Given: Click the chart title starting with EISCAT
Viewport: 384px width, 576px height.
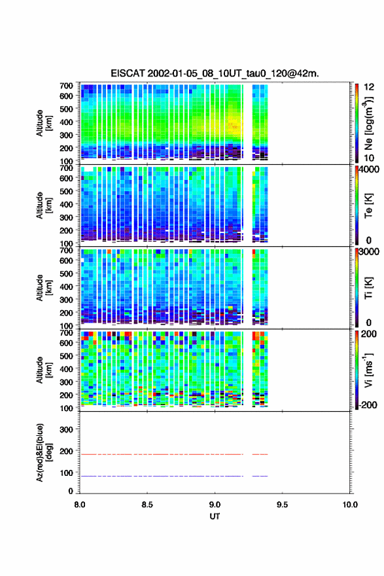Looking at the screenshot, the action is pyautogui.click(x=215, y=73).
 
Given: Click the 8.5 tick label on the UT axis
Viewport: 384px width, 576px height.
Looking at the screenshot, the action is pyautogui.click(x=147, y=505).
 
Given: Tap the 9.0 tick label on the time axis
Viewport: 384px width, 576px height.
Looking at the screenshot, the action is pyautogui.click(x=215, y=505).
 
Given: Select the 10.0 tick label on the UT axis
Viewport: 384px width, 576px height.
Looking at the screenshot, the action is pyautogui.click(x=350, y=505).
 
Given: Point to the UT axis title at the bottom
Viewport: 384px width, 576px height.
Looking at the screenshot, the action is pyautogui.click(x=215, y=516).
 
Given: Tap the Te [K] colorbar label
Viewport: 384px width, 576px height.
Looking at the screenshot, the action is pyautogui.click(x=368, y=206).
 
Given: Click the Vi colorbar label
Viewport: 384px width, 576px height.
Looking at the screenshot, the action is pyautogui.click(x=369, y=370).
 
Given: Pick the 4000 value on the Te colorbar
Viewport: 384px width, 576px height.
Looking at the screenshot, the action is pyautogui.click(x=369, y=170).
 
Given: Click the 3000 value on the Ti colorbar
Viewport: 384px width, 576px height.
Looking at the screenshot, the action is pyautogui.click(x=369, y=252).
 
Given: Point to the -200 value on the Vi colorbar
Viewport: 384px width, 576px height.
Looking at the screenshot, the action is pyautogui.click(x=366, y=405).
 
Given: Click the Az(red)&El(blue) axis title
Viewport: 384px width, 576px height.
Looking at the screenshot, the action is pyautogui.click(x=43, y=452).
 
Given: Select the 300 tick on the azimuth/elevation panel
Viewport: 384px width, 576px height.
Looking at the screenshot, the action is pyautogui.click(x=66, y=429).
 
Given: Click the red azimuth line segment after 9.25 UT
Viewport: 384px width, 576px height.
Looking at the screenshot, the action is pyautogui.click(x=260, y=454).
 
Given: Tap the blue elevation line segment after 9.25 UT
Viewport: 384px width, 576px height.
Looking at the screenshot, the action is pyautogui.click(x=260, y=476).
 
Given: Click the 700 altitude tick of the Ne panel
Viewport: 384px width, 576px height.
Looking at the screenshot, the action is pyautogui.click(x=66, y=86).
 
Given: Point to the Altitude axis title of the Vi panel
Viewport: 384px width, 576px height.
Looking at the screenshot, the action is pyautogui.click(x=43, y=370).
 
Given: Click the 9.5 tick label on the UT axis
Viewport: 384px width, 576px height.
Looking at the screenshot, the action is pyautogui.click(x=283, y=505).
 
